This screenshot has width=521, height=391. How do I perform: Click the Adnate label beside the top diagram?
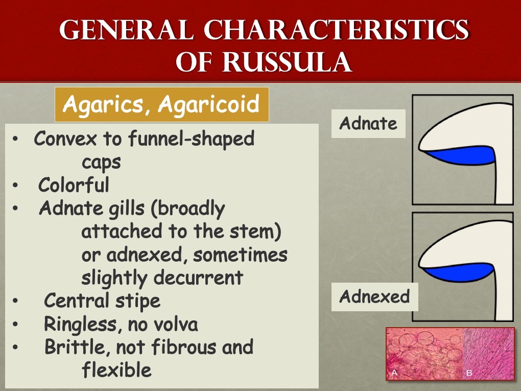click(368, 123)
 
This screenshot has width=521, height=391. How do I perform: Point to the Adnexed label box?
click(374, 296)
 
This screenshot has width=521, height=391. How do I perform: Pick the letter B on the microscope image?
click(469, 373)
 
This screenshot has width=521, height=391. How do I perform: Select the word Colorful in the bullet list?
click(74, 185)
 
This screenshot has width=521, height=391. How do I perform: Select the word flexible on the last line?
click(116, 370)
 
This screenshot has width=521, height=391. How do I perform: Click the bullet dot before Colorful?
click(17, 185)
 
